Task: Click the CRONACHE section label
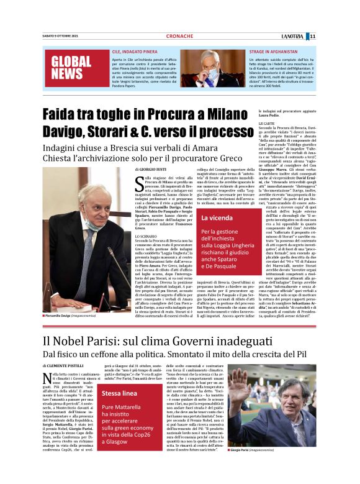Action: (x=179, y=36)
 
